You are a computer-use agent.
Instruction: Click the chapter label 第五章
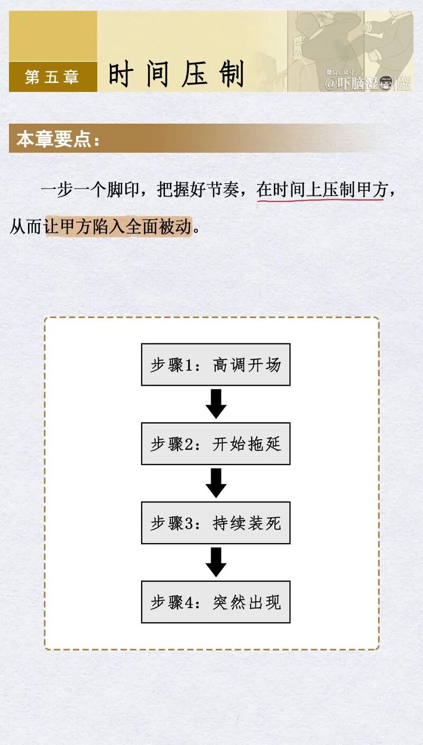[52, 77]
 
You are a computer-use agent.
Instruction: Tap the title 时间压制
[176, 74]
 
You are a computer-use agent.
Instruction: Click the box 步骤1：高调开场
[215, 365]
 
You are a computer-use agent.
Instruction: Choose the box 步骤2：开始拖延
[215, 444]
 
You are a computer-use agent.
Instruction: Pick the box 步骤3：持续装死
[215, 523]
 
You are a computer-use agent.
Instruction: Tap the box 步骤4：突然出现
[215, 602]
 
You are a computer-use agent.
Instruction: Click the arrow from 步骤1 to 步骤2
[216, 404]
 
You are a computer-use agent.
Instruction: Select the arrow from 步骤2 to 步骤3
[216, 483]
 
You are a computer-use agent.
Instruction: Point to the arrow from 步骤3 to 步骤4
[216, 562]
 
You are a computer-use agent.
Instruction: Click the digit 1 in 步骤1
[189, 365]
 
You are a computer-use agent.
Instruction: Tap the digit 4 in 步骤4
[189, 603]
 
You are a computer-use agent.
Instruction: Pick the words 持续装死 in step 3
[247, 523]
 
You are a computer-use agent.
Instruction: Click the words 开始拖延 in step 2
[247, 444]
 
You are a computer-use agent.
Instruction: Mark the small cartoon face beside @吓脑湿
[386, 83]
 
